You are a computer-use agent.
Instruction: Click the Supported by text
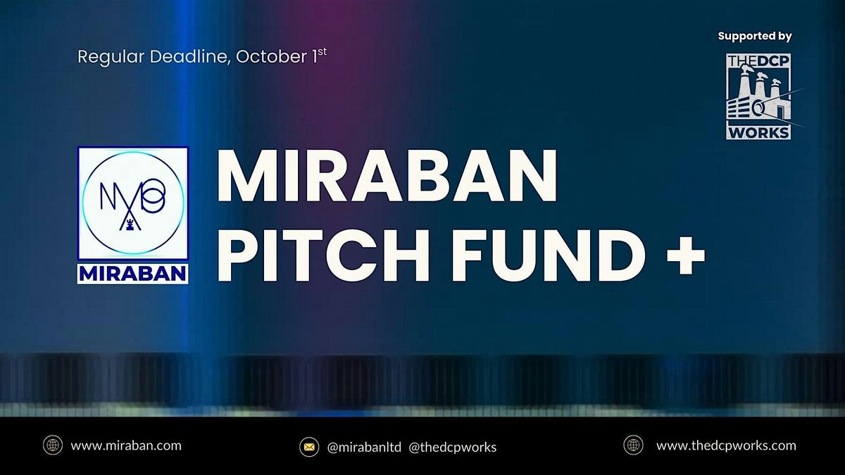pos(755,36)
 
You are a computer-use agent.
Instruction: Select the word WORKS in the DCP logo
pos(758,132)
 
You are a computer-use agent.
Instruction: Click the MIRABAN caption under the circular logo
pos(132,272)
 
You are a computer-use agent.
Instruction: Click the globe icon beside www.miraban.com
pos(53,445)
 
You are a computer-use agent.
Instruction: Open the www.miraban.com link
pos(126,445)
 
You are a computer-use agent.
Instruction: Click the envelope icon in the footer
pos(308,446)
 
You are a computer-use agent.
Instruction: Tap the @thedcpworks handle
pos(453,447)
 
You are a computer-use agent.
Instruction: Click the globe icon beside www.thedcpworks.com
pos(633,445)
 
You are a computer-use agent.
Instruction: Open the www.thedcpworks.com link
pos(726,445)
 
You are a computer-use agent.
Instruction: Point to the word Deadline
pos(184,57)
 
